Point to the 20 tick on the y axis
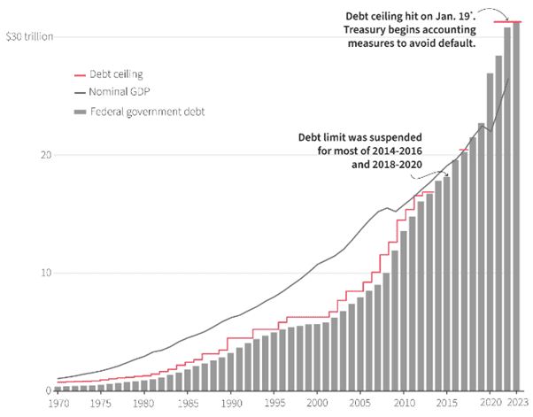point(34,155)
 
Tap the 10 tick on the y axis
point(34,273)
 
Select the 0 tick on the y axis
point(36,390)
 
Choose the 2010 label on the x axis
point(404,404)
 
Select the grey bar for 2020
point(490,231)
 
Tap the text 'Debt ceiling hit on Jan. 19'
point(411,16)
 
